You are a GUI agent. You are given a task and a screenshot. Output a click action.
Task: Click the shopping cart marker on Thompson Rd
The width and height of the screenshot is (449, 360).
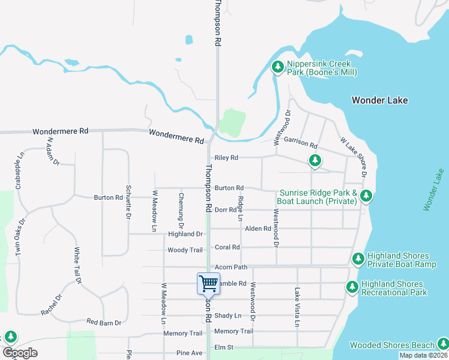coord(208,283)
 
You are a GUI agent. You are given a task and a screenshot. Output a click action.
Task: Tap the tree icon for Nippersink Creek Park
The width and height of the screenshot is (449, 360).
coord(277,67)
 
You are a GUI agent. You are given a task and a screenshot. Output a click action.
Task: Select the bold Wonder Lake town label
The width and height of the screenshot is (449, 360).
coord(379,100)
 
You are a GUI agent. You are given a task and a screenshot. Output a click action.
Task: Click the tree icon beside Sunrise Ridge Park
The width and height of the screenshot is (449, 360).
coord(366,196)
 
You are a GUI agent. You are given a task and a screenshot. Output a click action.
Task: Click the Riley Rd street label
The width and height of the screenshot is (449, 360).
coord(226,158)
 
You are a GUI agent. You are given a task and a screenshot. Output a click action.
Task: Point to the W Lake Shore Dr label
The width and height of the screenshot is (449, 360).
coord(354,158)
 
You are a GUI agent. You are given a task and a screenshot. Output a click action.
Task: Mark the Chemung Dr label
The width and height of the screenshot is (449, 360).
coord(181,208)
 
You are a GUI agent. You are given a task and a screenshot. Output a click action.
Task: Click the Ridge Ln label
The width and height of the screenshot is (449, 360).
coord(240,208)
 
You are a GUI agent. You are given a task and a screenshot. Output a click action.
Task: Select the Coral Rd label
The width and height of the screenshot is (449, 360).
coord(228,247)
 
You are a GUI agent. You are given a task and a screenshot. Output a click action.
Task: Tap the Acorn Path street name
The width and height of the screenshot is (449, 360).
coord(231,267)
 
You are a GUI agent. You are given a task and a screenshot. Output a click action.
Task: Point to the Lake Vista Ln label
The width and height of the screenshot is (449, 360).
coord(297,307)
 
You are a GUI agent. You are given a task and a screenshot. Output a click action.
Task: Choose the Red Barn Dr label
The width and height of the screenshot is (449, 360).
coord(104,323)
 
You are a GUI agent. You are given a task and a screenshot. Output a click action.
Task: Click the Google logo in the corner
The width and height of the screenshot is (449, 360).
coord(20,353)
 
